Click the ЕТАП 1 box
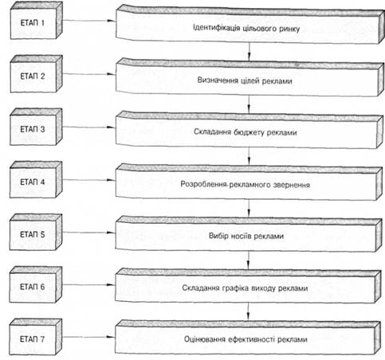(37, 21)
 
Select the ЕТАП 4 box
(36, 180)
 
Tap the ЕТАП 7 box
(36, 337)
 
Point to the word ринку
(289, 29)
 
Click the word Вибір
(218, 236)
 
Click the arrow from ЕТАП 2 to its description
(89, 74)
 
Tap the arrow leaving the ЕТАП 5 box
(89, 233)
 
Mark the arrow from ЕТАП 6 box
(88, 285)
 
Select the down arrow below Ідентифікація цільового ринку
(249, 51)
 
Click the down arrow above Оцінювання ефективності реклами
(248, 311)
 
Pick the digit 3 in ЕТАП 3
(42, 129)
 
